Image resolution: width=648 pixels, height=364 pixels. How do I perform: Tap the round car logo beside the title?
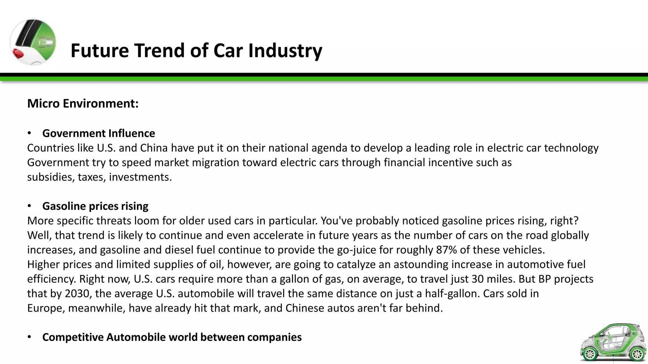click(x=33, y=42)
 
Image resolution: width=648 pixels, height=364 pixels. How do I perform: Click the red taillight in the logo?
click(x=18, y=54)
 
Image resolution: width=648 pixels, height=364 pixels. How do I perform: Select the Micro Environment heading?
click(x=83, y=104)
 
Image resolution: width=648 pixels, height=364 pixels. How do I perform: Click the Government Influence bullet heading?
click(x=99, y=133)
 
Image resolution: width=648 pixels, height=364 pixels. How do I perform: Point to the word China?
click(x=154, y=148)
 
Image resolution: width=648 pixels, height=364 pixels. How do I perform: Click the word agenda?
click(x=329, y=148)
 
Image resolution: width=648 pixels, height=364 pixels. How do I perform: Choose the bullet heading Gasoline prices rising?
click(x=95, y=206)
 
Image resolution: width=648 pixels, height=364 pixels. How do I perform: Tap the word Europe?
click(x=46, y=308)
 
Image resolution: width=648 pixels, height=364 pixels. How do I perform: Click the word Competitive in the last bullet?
click(x=73, y=337)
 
